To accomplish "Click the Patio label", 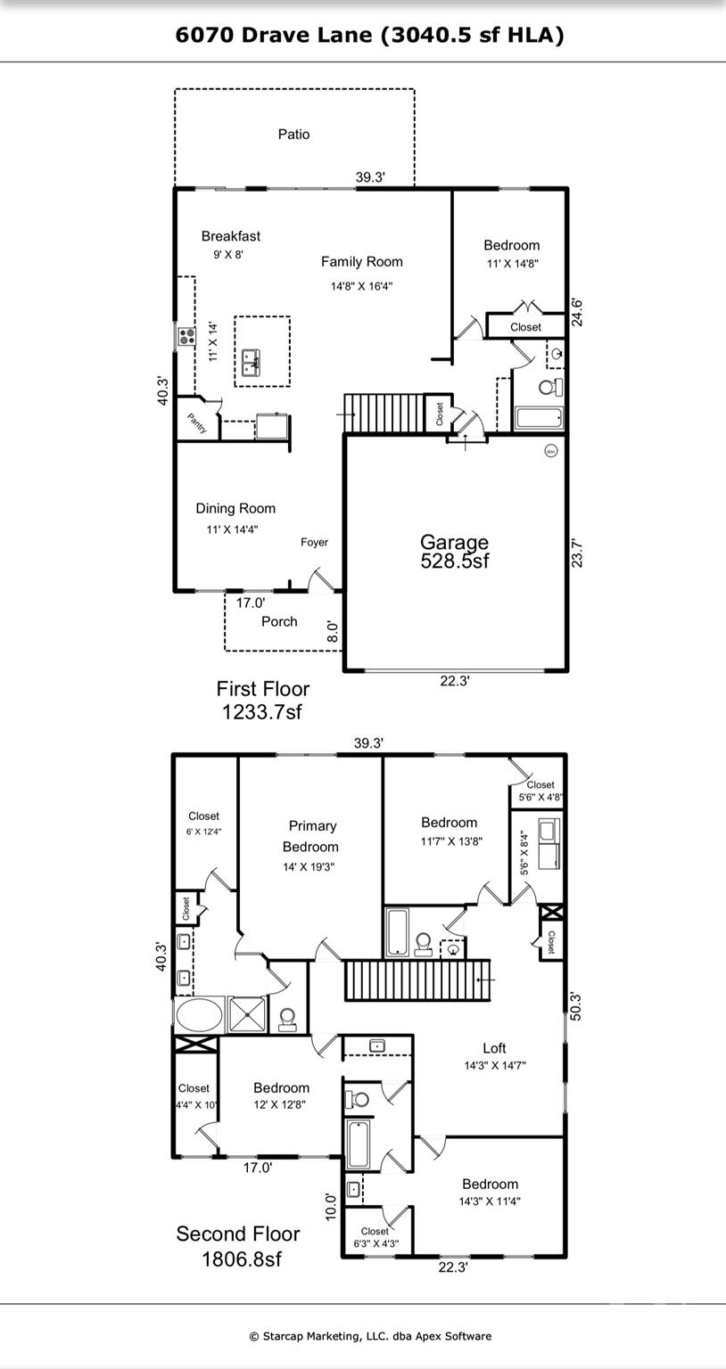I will coord(293,134).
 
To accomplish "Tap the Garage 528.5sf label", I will coord(454,551).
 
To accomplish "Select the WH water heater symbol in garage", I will coord(549,450).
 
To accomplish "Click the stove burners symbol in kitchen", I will coord(186,336).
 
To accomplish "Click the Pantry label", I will coord(197,423).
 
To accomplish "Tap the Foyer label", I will coord(314,542).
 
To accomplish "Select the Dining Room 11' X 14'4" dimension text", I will coord(232,529).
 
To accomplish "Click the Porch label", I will coord(279,621).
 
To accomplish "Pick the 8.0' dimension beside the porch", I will coord(332,632).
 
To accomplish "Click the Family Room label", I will coord(361,261).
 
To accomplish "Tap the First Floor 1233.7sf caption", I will coord(263,700).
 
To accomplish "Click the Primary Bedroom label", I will coord(311,836).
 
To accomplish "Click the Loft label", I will coord(494,1048).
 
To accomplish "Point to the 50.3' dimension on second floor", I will coord(575,1005).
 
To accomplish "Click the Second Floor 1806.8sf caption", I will coord(237,1245).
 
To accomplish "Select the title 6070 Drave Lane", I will coord(369,35).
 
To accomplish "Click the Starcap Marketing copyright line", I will coord(369,1335).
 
